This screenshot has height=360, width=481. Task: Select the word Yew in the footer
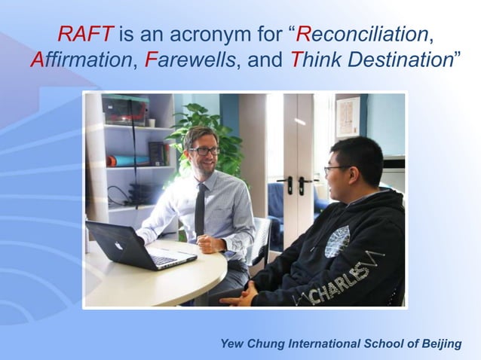click(x=232, y=344)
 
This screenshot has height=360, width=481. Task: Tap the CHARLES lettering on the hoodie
click(x=342, y=281)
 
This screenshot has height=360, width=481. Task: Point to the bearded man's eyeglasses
click(x=204, y=151)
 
